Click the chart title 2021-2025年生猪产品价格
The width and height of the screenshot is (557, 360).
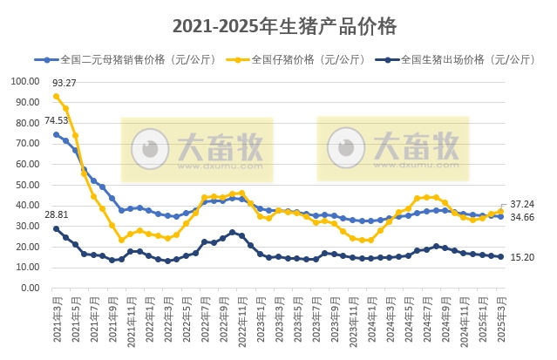point(284,26)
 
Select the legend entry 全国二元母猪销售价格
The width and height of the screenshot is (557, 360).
point(121,60)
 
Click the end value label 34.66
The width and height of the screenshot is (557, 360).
point(523,216)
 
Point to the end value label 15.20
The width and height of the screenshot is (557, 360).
point(523,257)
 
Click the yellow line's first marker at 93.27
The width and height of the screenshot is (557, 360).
point(56,96)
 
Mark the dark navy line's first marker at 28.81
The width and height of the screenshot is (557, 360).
point(56,228)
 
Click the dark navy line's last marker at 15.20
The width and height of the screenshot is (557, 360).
point(500,256)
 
